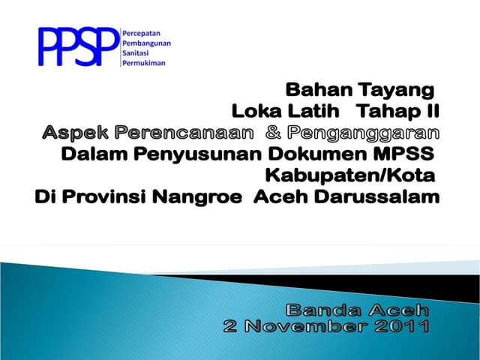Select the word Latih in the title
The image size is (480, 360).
click(318, 112)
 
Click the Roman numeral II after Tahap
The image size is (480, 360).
click(431, 112)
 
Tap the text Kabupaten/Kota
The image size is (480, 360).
click(351, 176)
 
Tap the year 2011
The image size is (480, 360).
click(403, 327)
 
